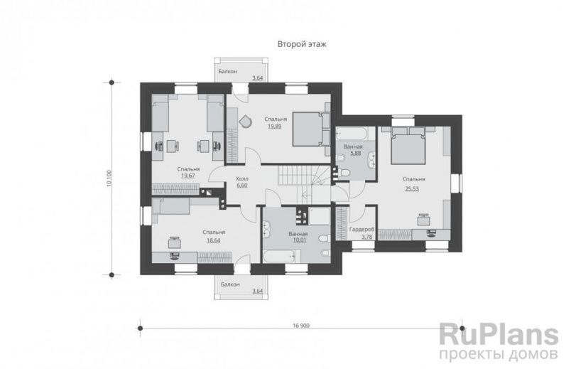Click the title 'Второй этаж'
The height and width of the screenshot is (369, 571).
tap(302, 45)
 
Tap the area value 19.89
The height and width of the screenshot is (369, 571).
tap(276, 127)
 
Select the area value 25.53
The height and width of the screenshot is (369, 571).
tap(412, 188)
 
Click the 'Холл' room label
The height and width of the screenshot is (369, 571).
tap(241, 178)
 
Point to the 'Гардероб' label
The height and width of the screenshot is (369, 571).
tap(362, 230)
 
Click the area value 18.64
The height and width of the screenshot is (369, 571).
tap(213, 240)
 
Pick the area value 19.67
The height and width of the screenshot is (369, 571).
tap(188, 176)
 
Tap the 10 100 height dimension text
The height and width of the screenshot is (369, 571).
tap(109, 178)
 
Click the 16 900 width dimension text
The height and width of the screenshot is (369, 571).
tap(301, 325)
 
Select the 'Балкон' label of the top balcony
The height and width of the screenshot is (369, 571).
tap(227, 72)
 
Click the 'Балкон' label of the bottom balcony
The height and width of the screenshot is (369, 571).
tap(231, 284)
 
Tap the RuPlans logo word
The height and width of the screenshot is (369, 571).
tap(499, 335)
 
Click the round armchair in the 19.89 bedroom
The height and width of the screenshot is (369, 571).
tap(245, 121)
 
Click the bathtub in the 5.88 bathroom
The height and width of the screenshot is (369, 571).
tap(352, 134)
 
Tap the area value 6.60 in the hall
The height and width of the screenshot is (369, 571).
tap(241, 186)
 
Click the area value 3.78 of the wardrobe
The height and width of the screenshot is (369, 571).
tap(362, 237)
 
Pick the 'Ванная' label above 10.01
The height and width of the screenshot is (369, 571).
tap(298, 234)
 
